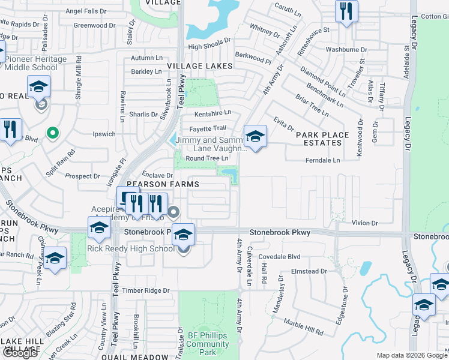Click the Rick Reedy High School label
131,248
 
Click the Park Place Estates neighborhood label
319,139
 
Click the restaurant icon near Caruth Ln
346,12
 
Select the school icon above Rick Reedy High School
184,235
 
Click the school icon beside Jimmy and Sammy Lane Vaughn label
255,136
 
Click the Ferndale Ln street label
323,160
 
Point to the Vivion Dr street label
365,223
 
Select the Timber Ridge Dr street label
146,290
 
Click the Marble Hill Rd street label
303,328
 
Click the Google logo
20,353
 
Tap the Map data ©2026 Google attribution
411,355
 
